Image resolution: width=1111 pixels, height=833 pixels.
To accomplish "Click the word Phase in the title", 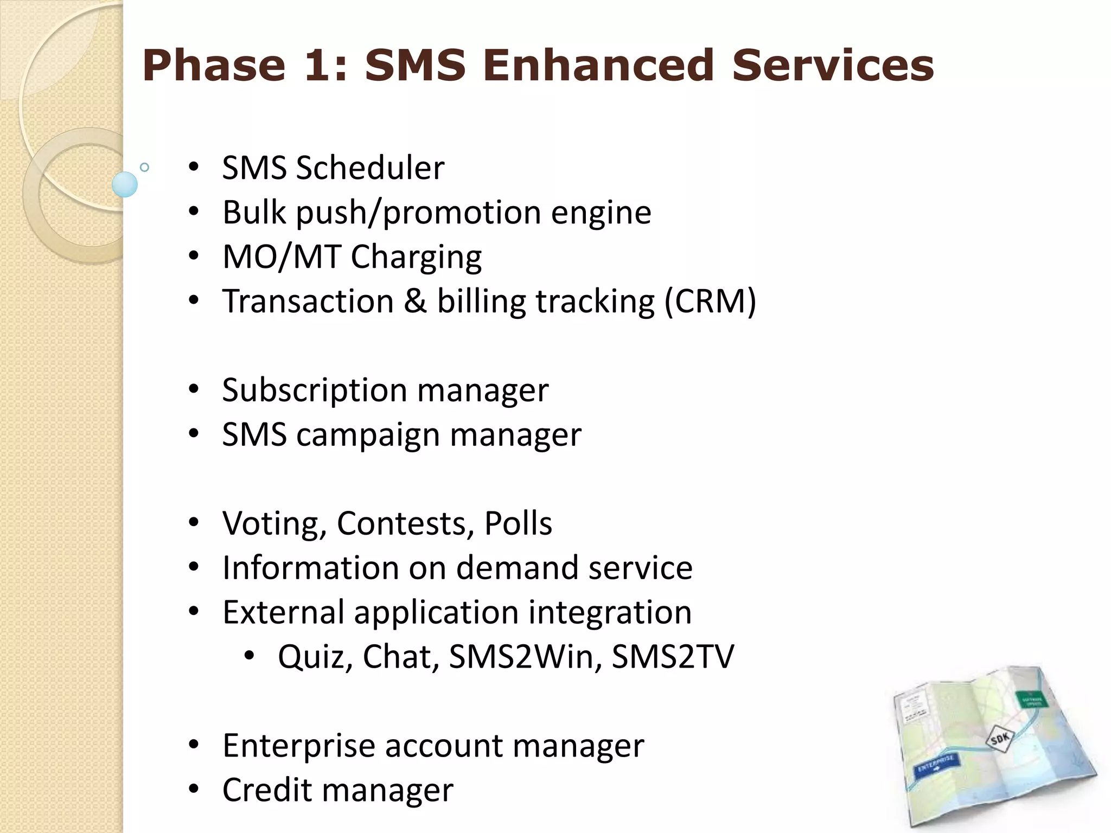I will pos(214,66).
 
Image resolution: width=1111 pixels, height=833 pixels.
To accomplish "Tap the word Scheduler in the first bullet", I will pos(371,168).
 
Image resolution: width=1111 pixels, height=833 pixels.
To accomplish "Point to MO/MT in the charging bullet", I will pos(282,257).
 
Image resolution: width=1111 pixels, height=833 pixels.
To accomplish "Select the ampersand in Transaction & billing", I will pos(415,301).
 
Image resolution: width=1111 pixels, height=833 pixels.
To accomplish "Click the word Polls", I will pos(518,523).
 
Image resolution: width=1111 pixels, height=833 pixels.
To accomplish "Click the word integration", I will pos(610,612).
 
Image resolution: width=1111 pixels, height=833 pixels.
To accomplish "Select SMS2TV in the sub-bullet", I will pos(673,657).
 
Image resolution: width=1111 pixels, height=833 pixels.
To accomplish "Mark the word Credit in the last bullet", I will pos(267,790).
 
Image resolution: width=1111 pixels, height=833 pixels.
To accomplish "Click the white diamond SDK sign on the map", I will pos(999,738).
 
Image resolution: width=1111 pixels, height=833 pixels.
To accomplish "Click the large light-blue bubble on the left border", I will pos(125,184).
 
